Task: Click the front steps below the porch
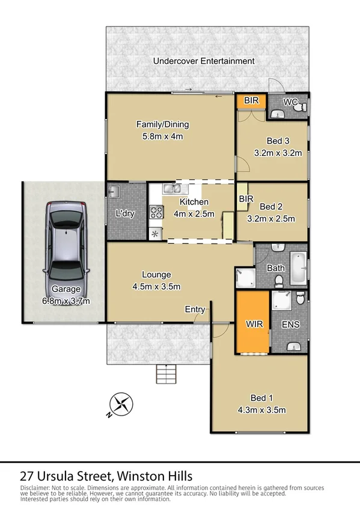167,374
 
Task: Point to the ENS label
291,325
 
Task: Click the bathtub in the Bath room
298,269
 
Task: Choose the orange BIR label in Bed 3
251,100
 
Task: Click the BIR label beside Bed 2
245,198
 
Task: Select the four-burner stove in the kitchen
156,212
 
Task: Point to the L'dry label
125,214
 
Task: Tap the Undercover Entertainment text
204,61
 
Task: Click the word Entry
195,309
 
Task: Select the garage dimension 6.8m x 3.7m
66,301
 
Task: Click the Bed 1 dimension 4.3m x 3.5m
261,410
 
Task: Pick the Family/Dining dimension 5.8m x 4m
162,136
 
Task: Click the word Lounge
156,275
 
